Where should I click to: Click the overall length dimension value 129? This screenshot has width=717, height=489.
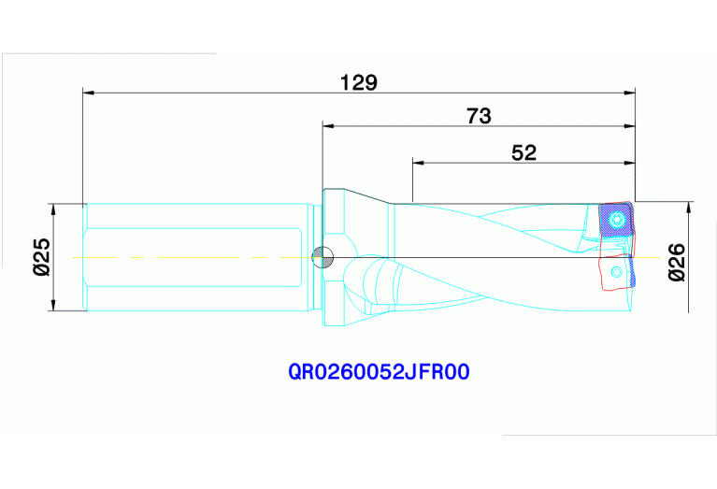click(x=359, y=82)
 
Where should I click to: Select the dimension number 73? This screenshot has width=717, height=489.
click(x=479, y=116)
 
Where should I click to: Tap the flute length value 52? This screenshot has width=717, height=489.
click(x=524, y=152)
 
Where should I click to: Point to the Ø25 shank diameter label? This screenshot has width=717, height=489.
click(x=42, y=257)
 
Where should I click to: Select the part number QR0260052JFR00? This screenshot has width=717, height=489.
click(x=379, y=372)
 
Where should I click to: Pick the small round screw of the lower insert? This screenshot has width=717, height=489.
click(x=615, y=272)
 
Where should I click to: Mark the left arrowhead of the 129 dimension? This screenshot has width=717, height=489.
click(x=90, y=93)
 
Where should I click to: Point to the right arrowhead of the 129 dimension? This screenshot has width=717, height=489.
click(x=629, y=93)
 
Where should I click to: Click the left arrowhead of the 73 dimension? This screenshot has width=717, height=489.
click(x=328, y=125)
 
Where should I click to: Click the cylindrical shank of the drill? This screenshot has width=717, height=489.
click(x=196, y=257)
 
